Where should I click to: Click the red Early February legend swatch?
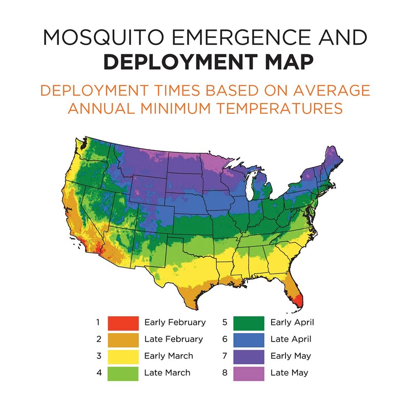pyautogui.click(x=123, y=322)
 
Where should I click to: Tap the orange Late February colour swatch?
pyautogui.click(x=123, y=339)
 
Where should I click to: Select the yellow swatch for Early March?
pyautogui.click(x=123, y=356)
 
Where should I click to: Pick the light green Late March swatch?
pyautogui.click(x=123, y=373)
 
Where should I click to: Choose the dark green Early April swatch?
pyautogui.click(x=249, y=322)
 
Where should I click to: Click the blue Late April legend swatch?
pyautogui.click(x=249, y=339)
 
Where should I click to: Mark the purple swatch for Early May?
pyautogui.click(x=249, y=356)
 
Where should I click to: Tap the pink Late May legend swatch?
pyautogui.click(x=249, y=373)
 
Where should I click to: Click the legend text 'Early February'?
pyautogui.click(x=175, y=322)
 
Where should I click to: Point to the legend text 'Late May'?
pyautogui.click(x=289, y=373)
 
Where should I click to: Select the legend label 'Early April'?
pyautogui.click(x=292, y=322)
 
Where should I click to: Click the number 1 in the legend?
pyautogui.click(x=97, y=322)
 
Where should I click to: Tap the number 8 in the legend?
pyautogui.click(x=224, y=373)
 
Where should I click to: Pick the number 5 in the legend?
pyautogui.click(x=224, y=322)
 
